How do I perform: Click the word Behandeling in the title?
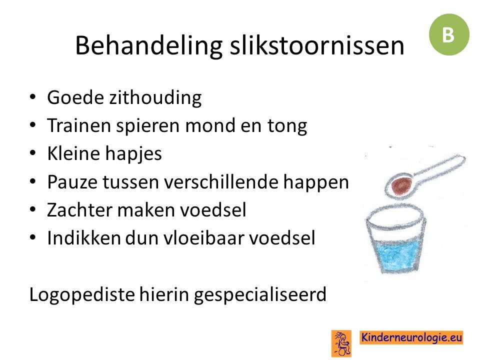(149, 46)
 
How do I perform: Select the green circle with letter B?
(449, 34)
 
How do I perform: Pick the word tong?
(287, 126)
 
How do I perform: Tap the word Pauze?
(72, 182)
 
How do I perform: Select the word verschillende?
(221, 181)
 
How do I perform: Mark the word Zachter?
(79, 209)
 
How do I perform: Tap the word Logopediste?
(81, 295)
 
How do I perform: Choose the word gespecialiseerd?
(260, 295)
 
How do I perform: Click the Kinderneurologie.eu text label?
(411, 337)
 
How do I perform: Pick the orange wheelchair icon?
(341, 343)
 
